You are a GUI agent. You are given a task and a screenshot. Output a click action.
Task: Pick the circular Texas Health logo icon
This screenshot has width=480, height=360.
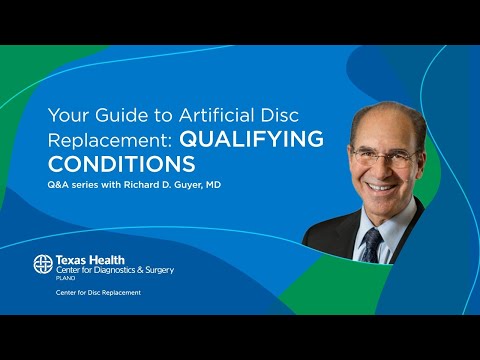pyautogui.click(x=43, y=265)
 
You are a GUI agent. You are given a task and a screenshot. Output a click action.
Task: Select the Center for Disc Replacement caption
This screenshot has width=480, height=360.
pyautogui.click(x=98, y=292)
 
